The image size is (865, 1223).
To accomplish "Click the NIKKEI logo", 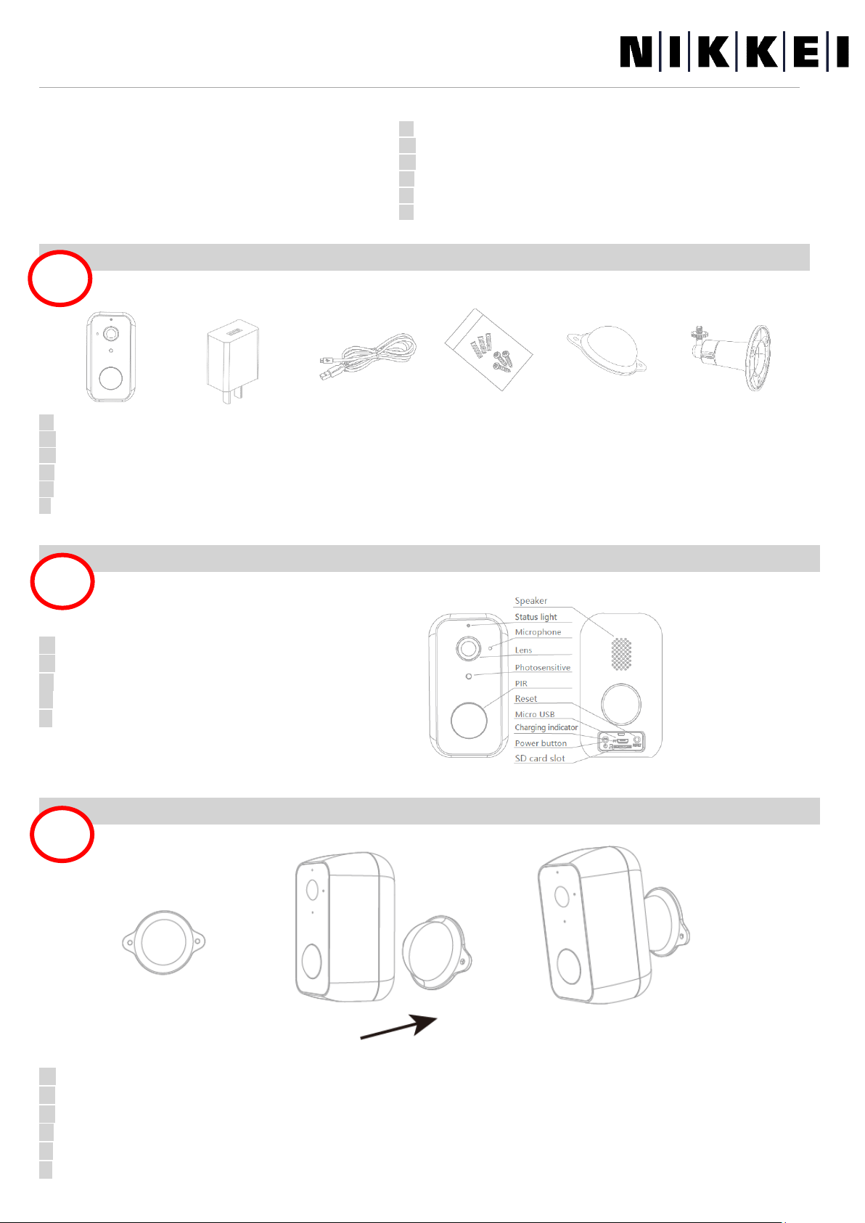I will click(x=734, y=53).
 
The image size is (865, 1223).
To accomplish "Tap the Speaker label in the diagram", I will click(x=530, y=601).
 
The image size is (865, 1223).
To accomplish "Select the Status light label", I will click(x=536, y=617).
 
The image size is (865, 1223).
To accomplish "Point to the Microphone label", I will click(x=538, y=632).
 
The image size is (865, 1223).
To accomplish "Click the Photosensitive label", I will click(x=542, y=668).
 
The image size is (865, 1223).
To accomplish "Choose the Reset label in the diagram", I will click(x=525, y=699).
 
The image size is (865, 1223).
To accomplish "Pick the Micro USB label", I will click(x=535, y=714).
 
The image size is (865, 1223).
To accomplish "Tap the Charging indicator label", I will click(x=546, y=727).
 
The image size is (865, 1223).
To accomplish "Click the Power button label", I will click(x=541, y=743).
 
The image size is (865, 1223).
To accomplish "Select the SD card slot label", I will click(x=539, y=758).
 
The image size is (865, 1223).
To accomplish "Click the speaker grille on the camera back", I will click(x=620, y=654).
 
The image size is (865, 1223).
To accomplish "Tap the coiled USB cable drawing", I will click(x=369, y=356).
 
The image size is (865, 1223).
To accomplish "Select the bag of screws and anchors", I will click(x=488, y=350).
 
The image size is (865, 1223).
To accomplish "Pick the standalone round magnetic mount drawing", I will click(x=163, y=942).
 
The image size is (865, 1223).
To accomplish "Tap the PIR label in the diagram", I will click(x=521, y=684).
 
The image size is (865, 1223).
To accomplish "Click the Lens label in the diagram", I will click(x=523, y=650).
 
